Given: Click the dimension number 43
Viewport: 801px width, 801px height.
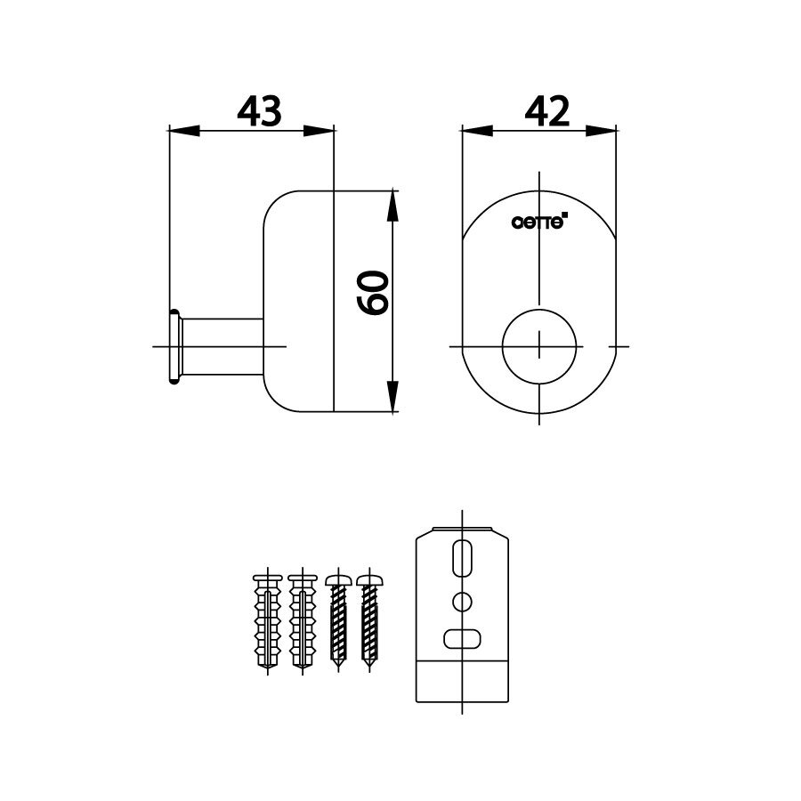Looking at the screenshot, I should (x=259, y=111).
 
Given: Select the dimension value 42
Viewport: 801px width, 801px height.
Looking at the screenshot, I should (x=547, y=111).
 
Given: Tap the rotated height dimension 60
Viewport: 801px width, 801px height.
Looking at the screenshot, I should (x=373, y=292).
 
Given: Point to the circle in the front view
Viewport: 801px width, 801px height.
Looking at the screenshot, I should (x=539, y=345).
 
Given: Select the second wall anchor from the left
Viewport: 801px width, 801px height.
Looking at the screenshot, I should (x=303, y=622).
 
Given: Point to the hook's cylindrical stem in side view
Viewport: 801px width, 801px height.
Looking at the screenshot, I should (x=222, y=348).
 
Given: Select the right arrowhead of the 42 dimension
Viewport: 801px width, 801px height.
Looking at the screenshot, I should (x=605, y=131).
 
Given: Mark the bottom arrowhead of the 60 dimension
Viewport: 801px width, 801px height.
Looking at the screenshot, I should (x=392, y=400).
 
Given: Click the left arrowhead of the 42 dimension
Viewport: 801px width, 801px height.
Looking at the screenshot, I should (x=475, y=131).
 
